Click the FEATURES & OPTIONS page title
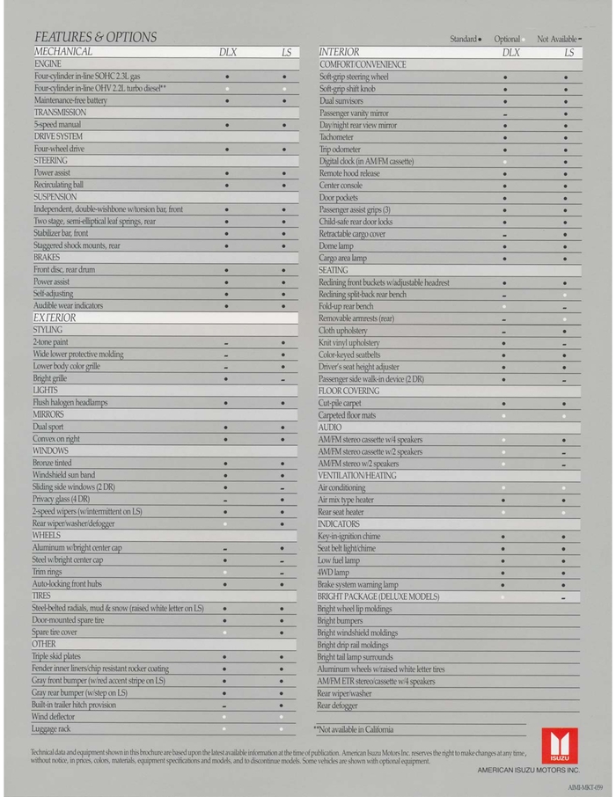click(95, 37)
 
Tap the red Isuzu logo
click(560, 746)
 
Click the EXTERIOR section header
click(55, 318)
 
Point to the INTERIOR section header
click(339, 53)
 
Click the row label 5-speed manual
click(57, 125)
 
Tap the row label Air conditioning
click(341, 487)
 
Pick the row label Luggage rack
click(52, 728)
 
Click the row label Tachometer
click(336, 137)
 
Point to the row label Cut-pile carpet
click(342, 403)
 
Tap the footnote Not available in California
click(354, 729)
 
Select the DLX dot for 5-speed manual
click(226, 126)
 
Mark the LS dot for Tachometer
click(564, 138)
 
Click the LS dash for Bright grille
click(282, 379)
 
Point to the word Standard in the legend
click(463, 40)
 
